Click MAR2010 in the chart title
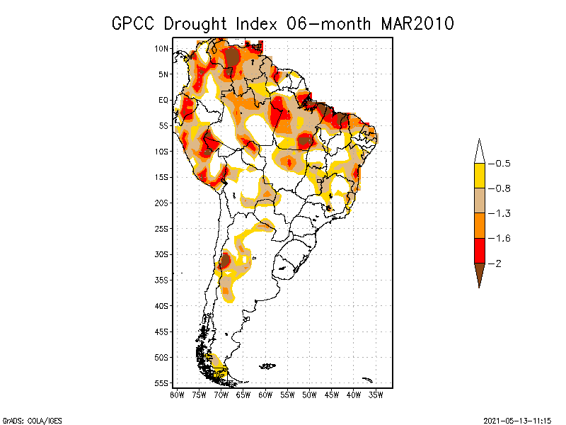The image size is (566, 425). tap(417, 23)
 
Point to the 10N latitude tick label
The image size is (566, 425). tap(161, 48)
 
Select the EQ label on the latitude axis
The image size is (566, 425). tap(163, 100)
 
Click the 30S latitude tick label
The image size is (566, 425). tap(161, 254)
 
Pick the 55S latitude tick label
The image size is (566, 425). tap(161, 383)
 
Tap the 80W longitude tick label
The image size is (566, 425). tap(177, 395)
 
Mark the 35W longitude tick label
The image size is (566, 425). tap(376, 395)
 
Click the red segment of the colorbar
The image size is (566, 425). tap(479, 250)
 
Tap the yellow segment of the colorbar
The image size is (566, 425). tap(479, 176)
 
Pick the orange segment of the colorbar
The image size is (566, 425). tap(479, 225)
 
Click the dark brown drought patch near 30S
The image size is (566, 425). tap(225, 261)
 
